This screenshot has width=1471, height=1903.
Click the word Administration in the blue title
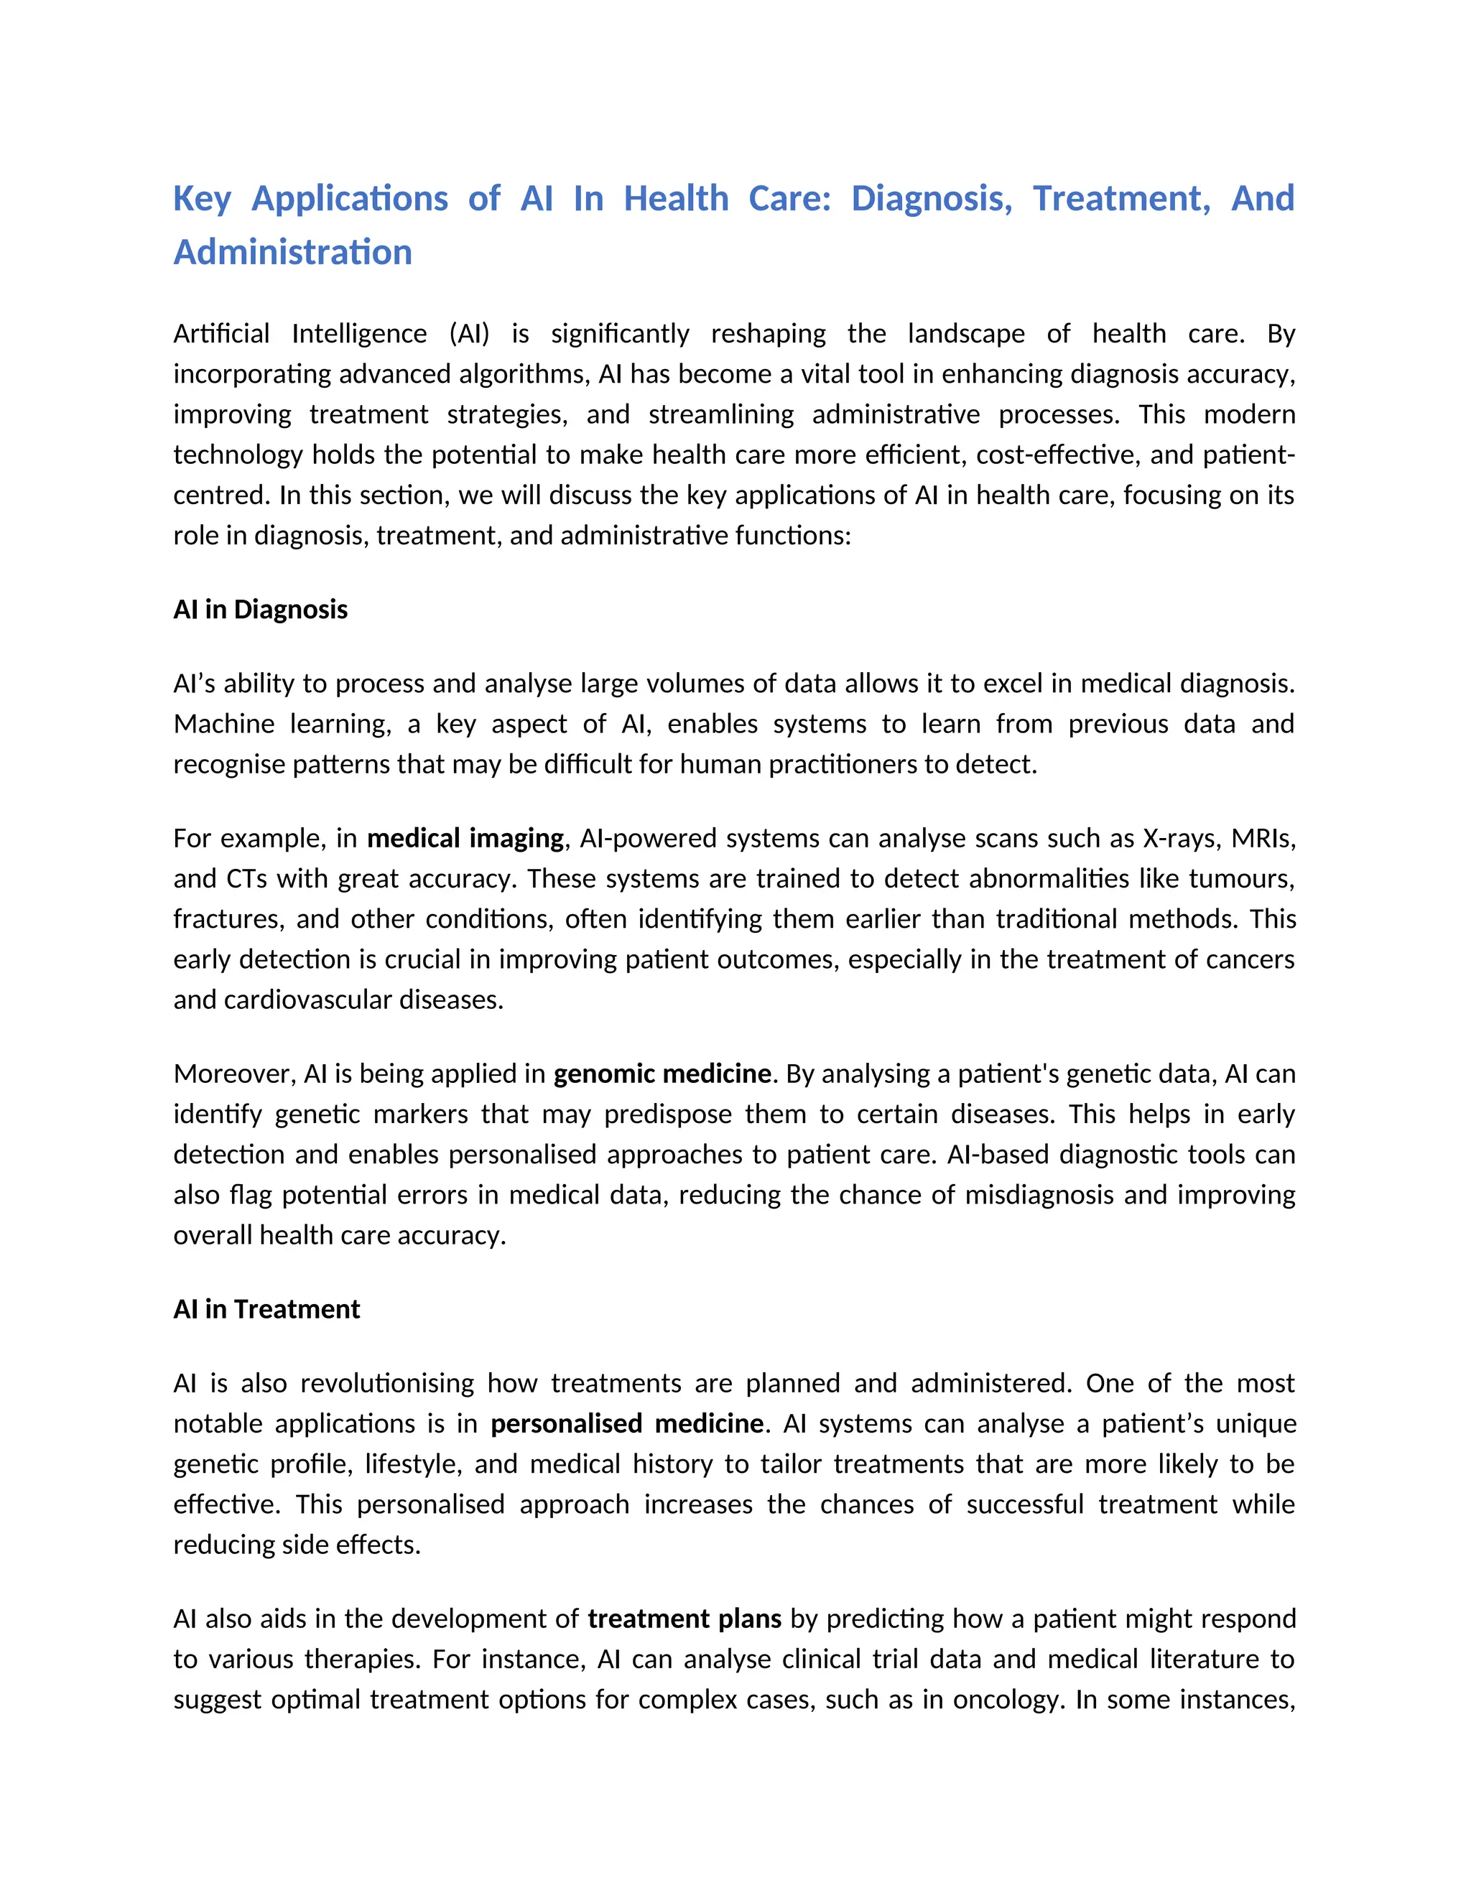tap(293, 253)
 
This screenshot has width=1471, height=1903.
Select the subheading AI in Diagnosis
tap(260, 609)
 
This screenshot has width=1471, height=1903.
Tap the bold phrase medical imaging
tap(465, 838)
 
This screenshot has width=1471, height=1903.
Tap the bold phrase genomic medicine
tap(662, 1074)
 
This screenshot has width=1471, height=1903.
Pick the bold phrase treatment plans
tap(684, 1619)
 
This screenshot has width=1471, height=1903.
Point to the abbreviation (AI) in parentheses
tap(470, 334)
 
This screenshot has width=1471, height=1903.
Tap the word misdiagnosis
tap(1039, 1195)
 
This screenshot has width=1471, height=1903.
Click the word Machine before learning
tap(223, 724)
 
